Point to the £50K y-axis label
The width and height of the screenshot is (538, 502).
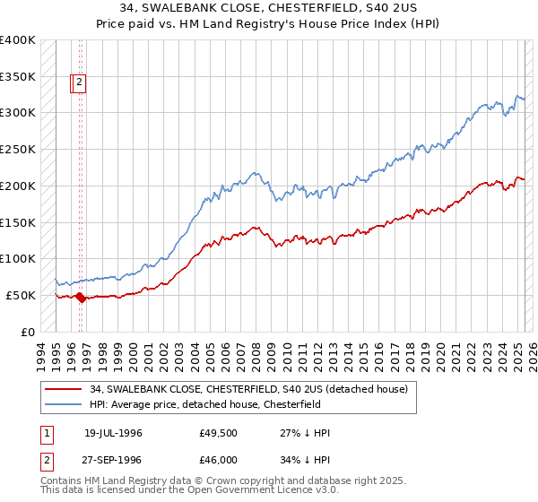[21, 295]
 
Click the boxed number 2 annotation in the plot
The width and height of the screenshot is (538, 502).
[78, 83]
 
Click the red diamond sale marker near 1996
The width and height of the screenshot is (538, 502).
[80, 298]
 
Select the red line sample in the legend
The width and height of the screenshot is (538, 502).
[63, 389]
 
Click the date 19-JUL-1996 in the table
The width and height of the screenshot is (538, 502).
[113, 433]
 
